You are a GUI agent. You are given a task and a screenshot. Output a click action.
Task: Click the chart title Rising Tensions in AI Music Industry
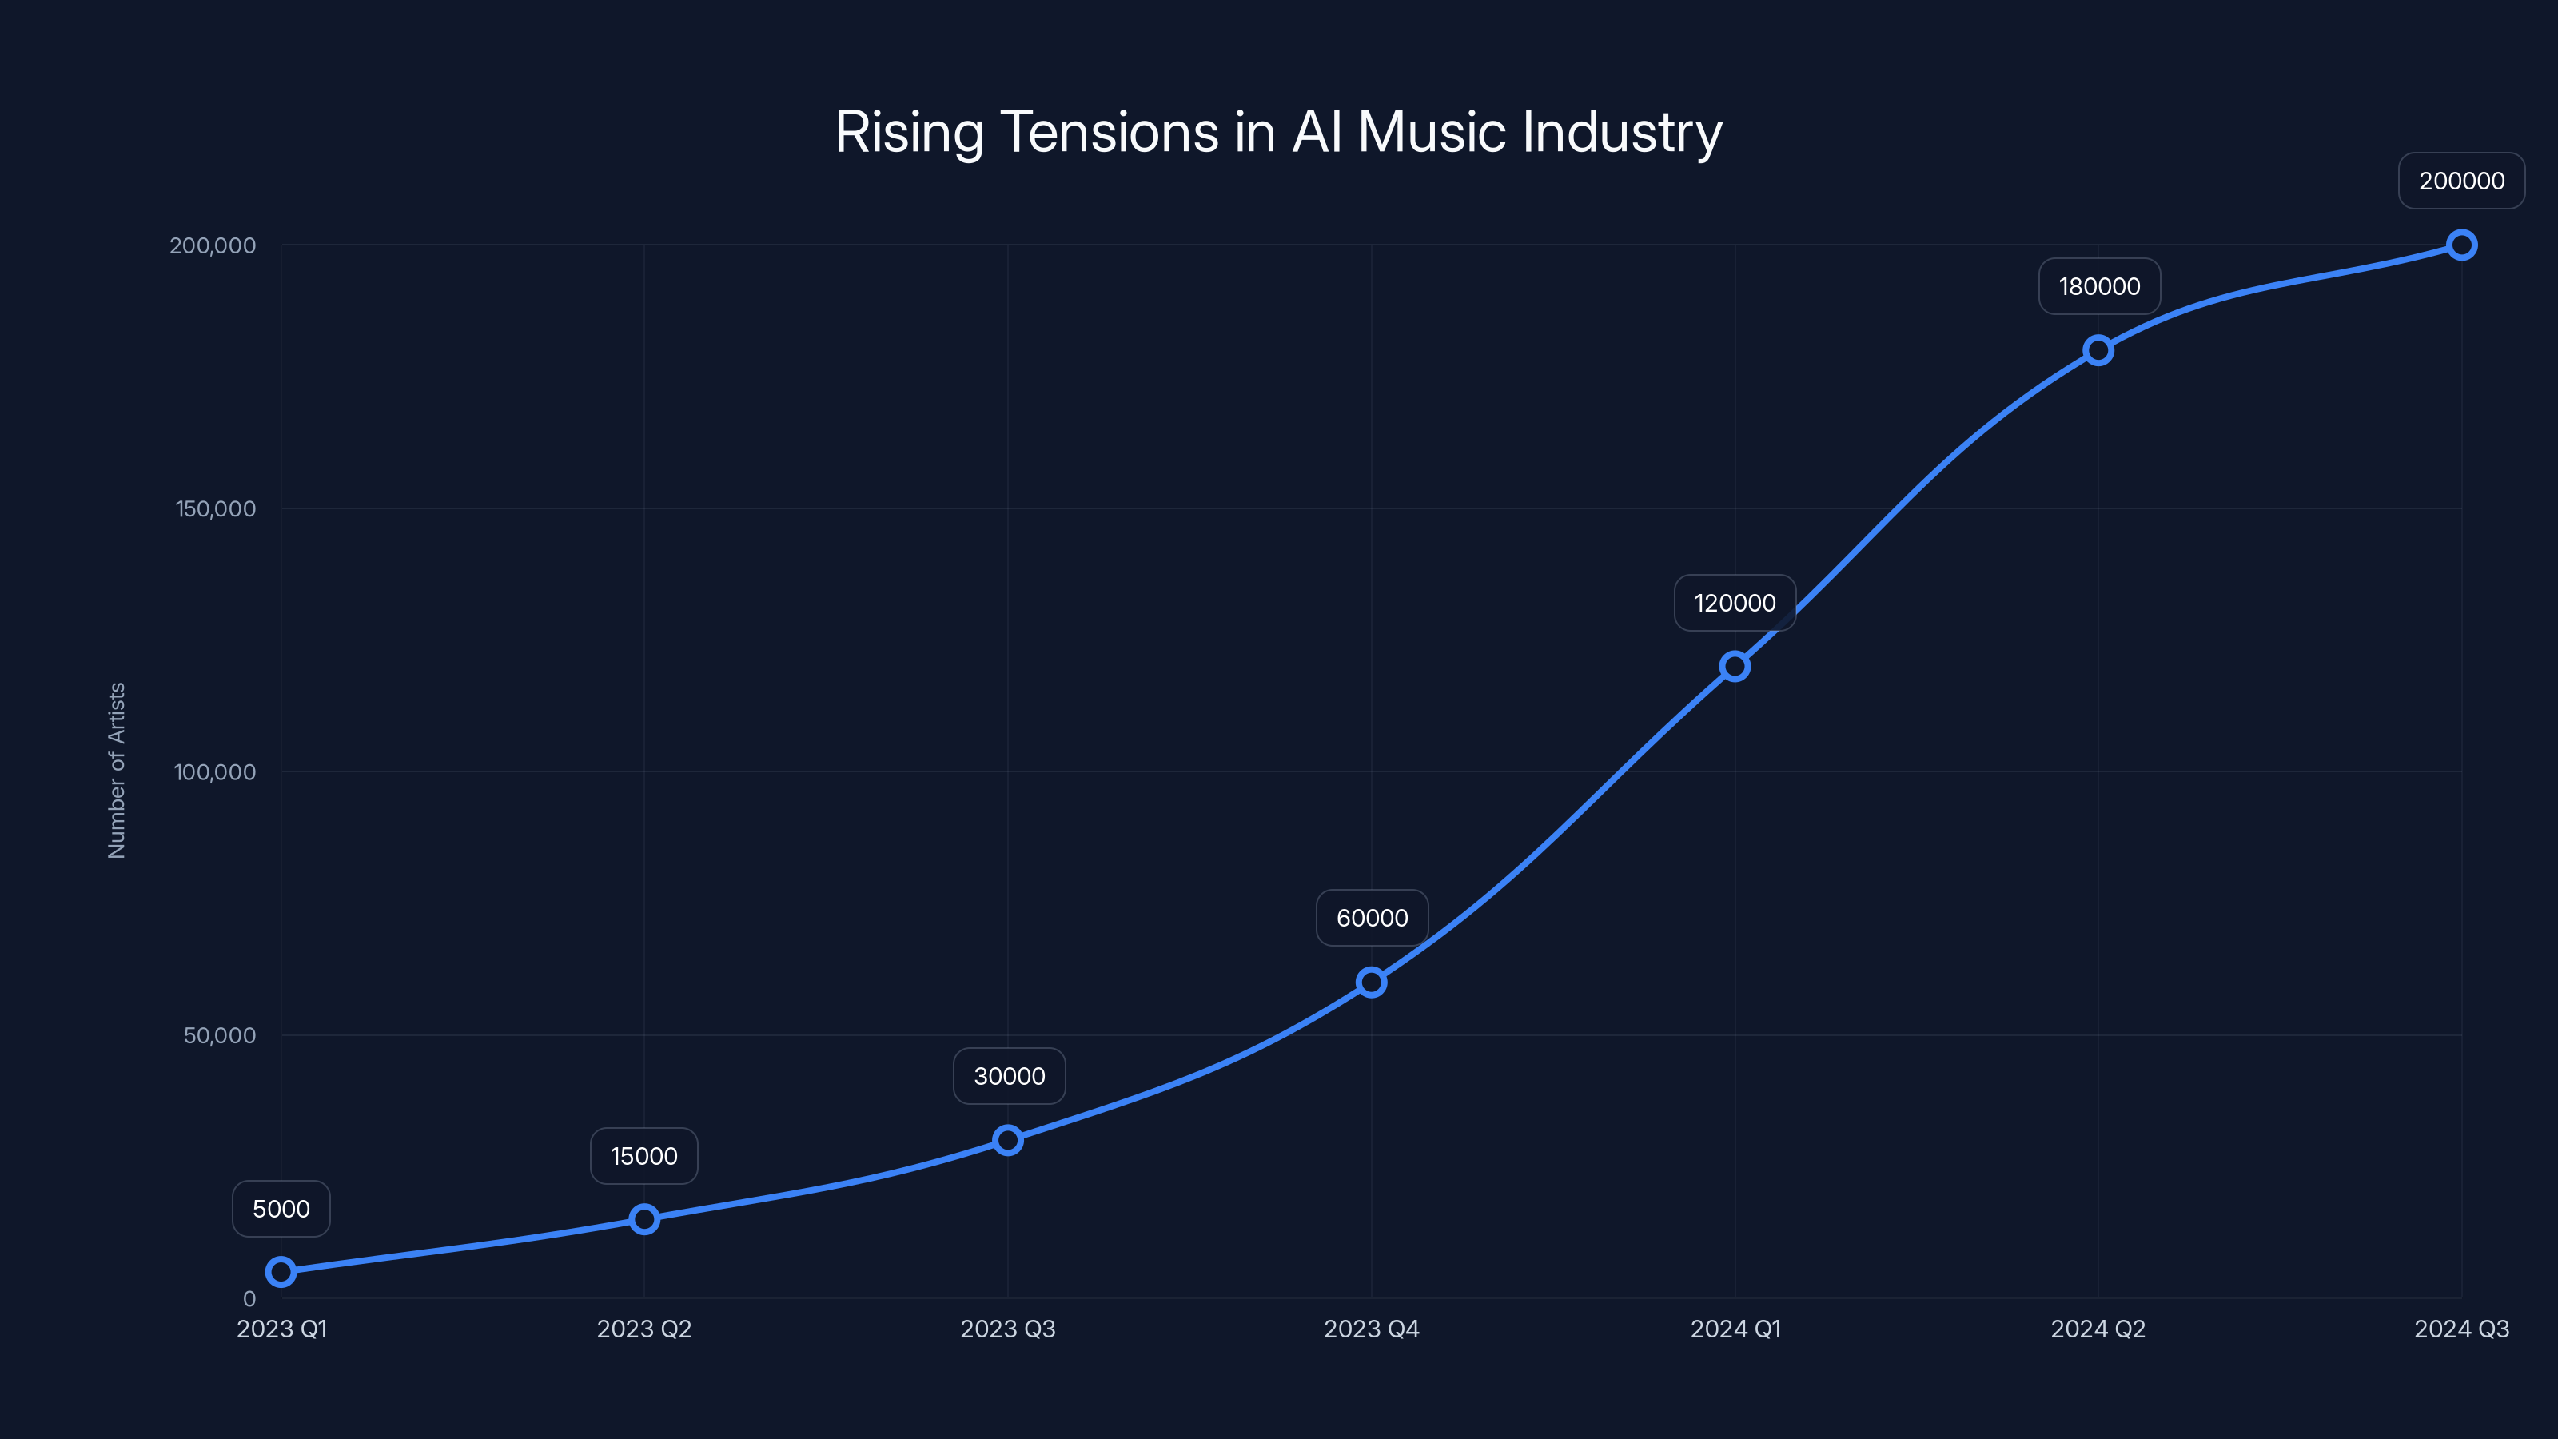coord(1278,132)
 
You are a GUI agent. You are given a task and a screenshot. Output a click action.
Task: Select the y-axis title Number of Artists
coord(116,771)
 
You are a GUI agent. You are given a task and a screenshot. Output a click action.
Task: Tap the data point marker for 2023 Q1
coord(281,1271)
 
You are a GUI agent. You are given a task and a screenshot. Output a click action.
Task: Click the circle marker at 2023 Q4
coord(1372,983)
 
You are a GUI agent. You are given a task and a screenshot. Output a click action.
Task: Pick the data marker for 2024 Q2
coord(2098,349)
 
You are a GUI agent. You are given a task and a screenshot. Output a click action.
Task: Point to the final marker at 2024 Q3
coord(2462,245)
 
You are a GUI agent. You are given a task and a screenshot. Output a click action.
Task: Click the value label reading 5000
coord(281,1209)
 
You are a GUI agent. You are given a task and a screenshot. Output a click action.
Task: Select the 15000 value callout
coord(643,1156)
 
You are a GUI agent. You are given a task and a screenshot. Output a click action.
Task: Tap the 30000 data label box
coord(1009,1077)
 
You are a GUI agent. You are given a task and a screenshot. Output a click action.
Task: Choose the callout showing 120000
coord(1735,603)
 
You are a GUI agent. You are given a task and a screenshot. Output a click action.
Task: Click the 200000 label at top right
coord(2462,181)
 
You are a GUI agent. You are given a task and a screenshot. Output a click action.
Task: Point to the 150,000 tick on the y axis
coord(216,508)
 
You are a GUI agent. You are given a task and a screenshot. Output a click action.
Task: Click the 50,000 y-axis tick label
coord(220,1034)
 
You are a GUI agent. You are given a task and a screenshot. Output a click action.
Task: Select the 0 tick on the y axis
coord(249,1298)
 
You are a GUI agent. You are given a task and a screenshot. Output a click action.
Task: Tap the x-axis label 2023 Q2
coord(643,1329)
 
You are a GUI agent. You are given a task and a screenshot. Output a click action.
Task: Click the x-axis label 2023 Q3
coord(1008,1329)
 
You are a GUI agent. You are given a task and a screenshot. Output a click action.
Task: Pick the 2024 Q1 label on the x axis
coord(1735,1329)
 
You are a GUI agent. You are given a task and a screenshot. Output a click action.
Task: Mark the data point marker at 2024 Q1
coord(1735,667)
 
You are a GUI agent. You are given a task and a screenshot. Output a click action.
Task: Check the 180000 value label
coord(2099,286)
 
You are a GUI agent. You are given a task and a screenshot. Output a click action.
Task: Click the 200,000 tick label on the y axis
coord(213,245)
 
